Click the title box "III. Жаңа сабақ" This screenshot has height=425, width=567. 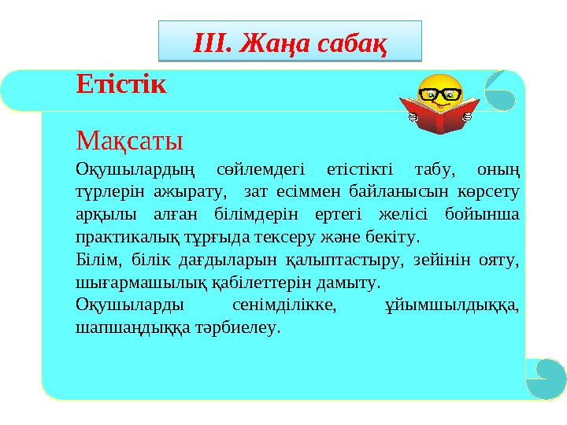tap(291, 42)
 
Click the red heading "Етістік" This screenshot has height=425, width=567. tap(121, 84)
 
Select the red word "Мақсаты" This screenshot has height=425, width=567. tap(129, 142)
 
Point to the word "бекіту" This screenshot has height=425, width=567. tap(398, 236)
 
